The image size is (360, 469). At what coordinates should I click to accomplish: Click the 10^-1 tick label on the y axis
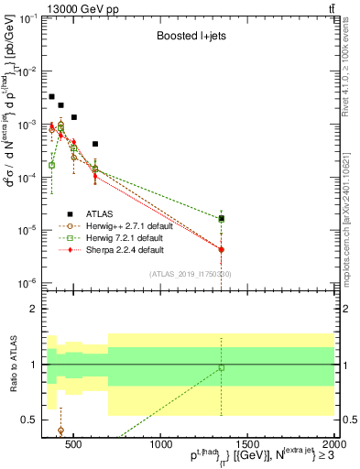pos(30,18)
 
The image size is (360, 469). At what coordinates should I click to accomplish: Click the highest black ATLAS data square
pos(52,96)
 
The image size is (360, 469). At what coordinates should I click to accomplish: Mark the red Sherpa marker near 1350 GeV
pos(221,249)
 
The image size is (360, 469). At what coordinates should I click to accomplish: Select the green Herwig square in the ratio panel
pos(221,368)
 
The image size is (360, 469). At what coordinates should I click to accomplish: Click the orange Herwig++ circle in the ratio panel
pos(60,430)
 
